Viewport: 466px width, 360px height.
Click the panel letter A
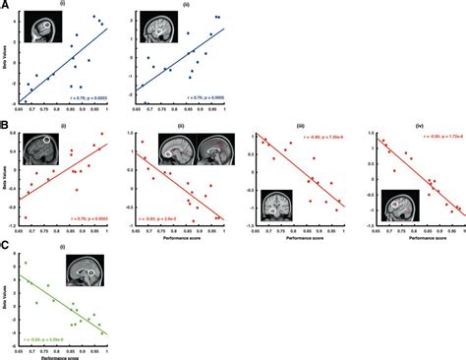(6, 8)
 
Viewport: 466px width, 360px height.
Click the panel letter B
(6, 127)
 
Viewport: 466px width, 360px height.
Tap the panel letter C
(6, 248)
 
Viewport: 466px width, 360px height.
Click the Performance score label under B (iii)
(305, 238)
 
